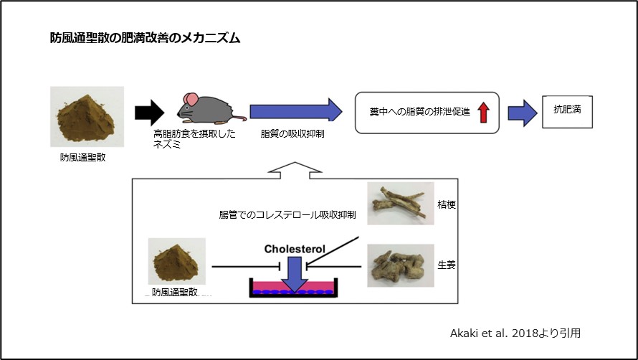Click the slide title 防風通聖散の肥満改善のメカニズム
click(x=140, y=39)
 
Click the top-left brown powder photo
click(x=87, y=116)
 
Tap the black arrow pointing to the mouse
click(x=150, y=112)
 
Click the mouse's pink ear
click(x=189, y=99)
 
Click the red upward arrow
click(x=482, y=113)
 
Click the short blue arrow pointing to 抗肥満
click(x=522, y=113)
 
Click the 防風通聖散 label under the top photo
click(x=83, y=157)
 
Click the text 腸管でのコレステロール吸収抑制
click(x=287, y=214)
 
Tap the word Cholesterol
click(x=294, y=249)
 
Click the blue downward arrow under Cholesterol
click(x=294, y=273)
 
